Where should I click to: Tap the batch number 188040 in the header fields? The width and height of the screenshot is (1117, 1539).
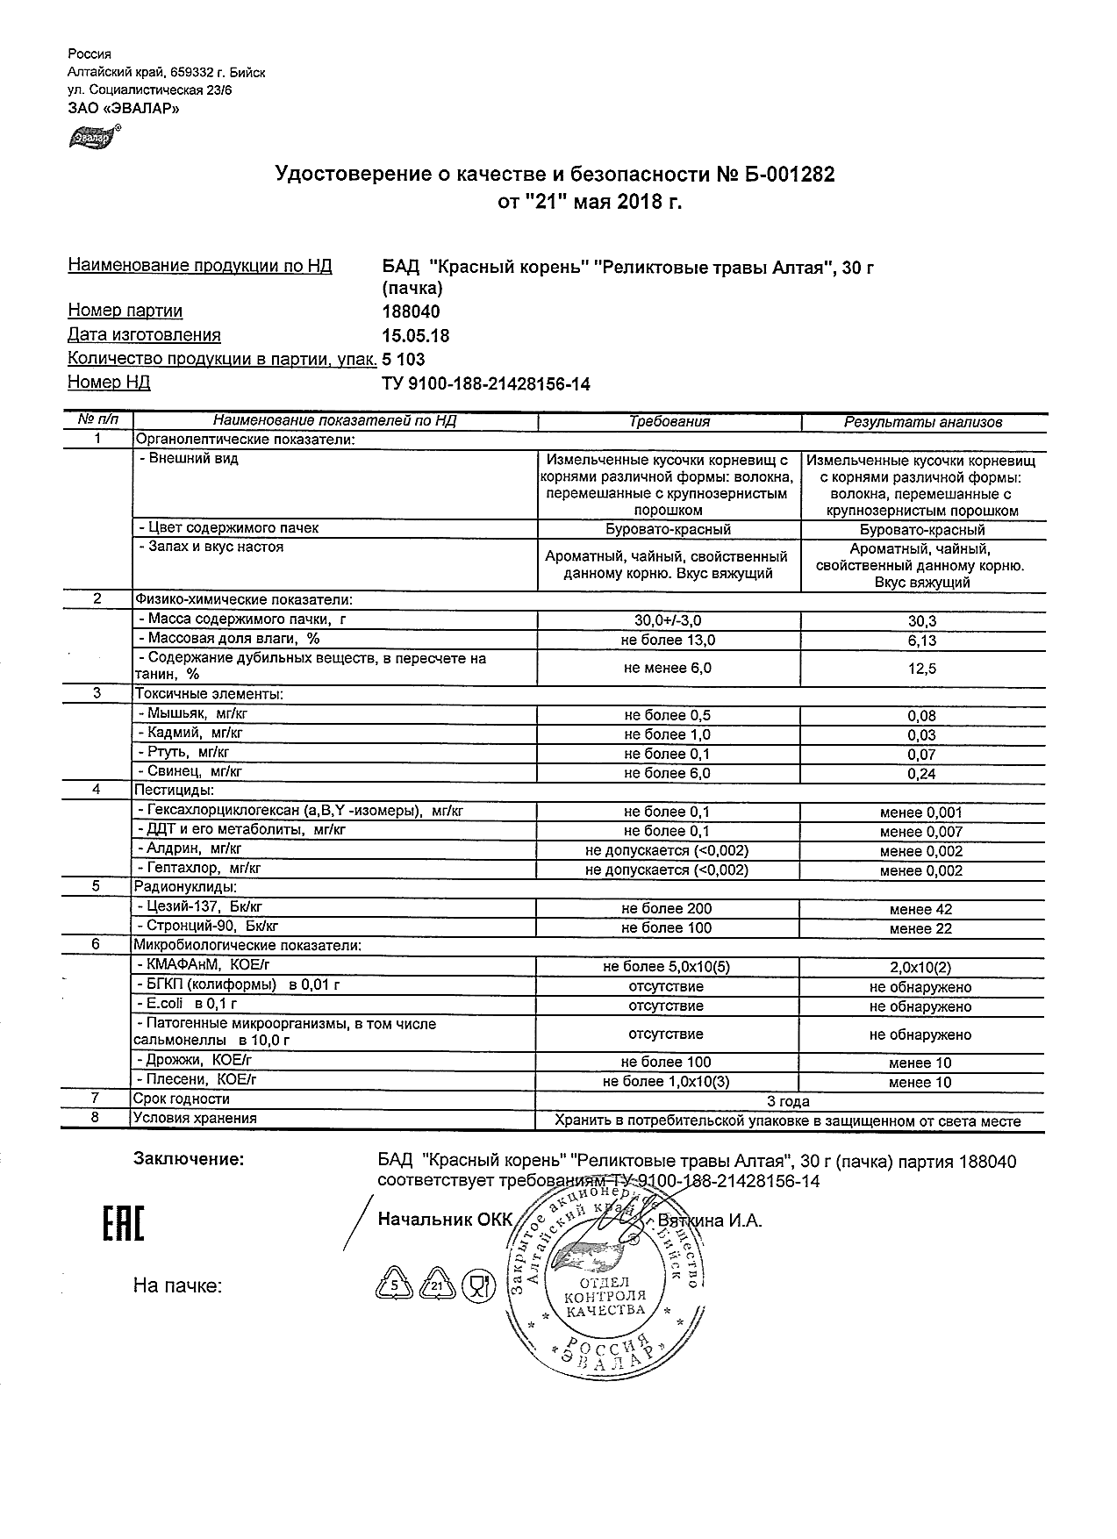[412, 311]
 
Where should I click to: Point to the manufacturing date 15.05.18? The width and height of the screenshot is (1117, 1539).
[417, 335]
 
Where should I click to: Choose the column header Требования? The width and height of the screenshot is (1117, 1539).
[669, 422]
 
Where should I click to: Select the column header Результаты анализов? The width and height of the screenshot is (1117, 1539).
[922, 422]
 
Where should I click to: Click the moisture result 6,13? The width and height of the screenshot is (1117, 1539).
[921, 641]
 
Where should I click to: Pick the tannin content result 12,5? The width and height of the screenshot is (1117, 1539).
[921, 669]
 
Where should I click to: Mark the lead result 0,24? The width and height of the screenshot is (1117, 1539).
[921, 774]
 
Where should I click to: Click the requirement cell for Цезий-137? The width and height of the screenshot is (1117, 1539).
[667, 909]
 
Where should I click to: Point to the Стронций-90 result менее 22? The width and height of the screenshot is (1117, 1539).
[920, 928]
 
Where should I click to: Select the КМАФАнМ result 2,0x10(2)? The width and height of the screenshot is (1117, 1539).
[920, 968]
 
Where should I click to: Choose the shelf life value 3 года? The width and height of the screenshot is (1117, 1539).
[788, 1101]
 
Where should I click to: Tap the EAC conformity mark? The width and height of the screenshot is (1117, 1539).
[123, 1225]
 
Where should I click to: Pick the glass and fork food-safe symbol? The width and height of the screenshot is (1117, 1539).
[478, 1286]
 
